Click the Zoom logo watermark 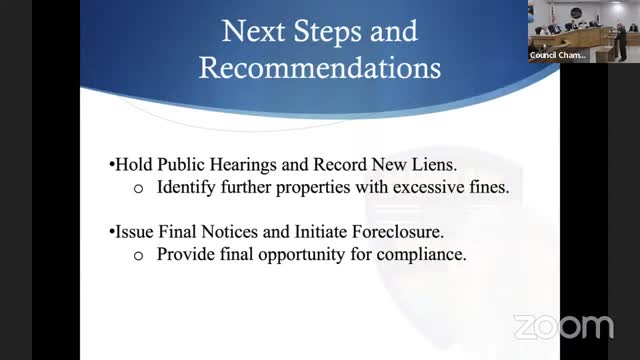562,327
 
